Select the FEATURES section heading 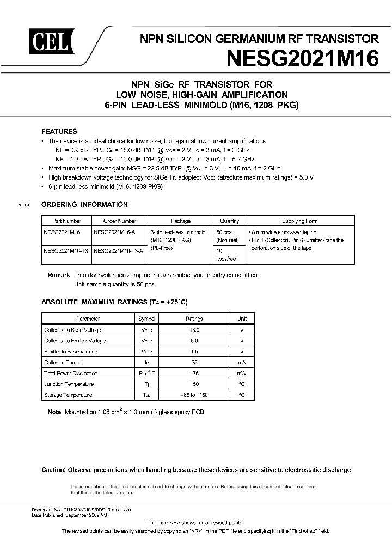[x=59, y=131]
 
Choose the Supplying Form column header [x=300, y=221]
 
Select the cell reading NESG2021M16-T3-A [x=119, y=251]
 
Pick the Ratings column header [x=194, y=319]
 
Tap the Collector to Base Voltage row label [x=72, y=330]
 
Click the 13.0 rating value [x=194, y=330]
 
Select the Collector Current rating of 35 [x=194, y=363]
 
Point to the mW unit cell [x=242, y=374]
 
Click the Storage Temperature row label [x=68, y=395]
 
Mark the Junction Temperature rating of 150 [x=194, y=384]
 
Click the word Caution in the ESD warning [x=54, y=470]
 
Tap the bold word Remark [x=59, y=275]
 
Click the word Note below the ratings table [x=54, y=412]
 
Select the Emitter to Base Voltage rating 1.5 [x=194, y=352]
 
